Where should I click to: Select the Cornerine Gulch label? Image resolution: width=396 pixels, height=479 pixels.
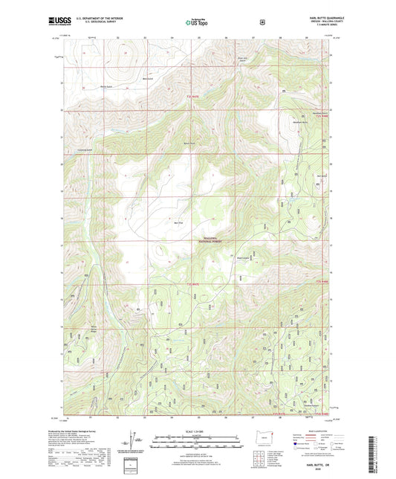82,150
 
